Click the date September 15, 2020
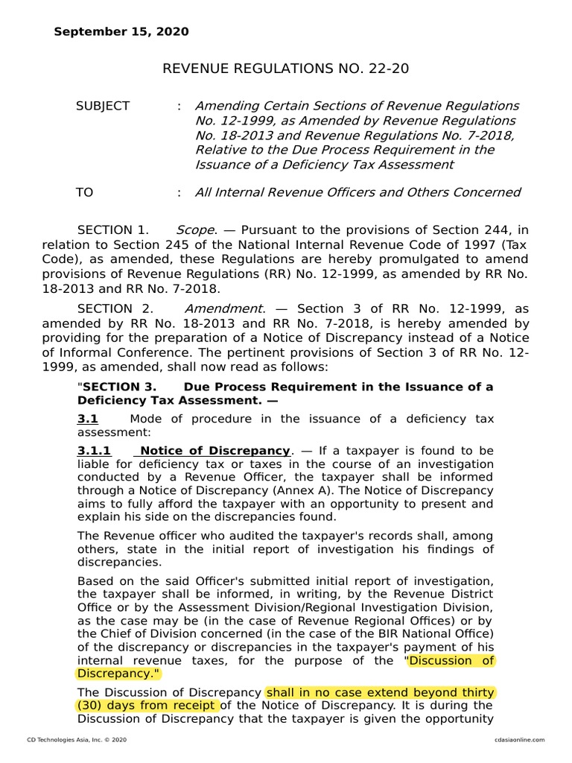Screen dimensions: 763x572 [x=121, y=32]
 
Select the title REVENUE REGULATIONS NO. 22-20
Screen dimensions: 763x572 [x=285, y=69]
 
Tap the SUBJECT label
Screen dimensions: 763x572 [x=102, y=107]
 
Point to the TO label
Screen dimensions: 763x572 [x=84, y=193]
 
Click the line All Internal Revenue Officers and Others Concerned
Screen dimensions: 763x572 [x=357, y=193]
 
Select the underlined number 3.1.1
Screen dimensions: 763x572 [x=94, y=452]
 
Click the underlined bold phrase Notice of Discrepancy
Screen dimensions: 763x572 [x=214, y=452]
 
